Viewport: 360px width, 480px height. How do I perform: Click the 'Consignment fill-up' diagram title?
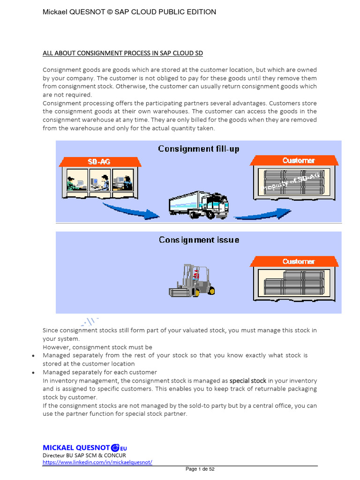click(198, 149)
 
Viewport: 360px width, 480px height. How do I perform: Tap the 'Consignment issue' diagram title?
click(198, 240)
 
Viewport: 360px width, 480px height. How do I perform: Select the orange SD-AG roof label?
click(99, 161)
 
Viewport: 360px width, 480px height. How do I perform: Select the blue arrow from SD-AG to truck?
click(131, 211)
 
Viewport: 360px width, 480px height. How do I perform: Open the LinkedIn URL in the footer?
click(97, 462)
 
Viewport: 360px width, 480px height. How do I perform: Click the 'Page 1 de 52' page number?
click(200, 469)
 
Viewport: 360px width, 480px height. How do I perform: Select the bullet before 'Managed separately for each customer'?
click(33, 373)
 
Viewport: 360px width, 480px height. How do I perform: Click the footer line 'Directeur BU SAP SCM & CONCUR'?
click(84, 455)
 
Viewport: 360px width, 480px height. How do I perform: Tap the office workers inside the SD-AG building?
click(99, 181)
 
